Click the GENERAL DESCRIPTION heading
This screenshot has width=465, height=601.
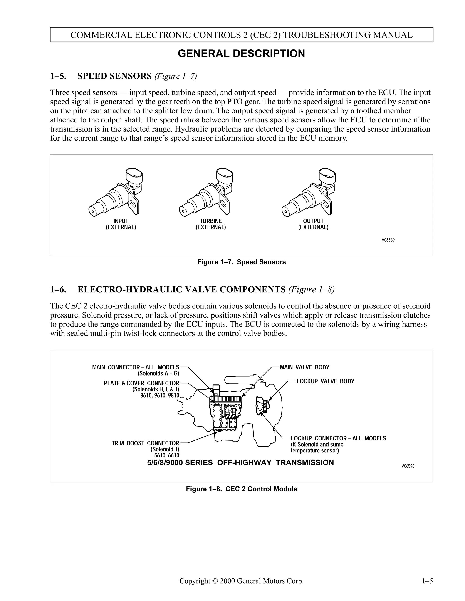(241, 54)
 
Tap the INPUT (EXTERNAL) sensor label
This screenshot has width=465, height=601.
(121, 224)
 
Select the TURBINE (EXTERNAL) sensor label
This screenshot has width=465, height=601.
(211, 224)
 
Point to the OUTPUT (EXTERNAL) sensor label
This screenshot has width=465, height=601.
(313, 224)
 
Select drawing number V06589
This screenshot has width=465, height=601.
(388, 240)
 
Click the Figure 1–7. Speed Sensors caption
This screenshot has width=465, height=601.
(241, 262)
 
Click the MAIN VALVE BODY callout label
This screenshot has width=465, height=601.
(304, 367)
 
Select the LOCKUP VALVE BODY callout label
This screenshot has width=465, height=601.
(325, 381)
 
